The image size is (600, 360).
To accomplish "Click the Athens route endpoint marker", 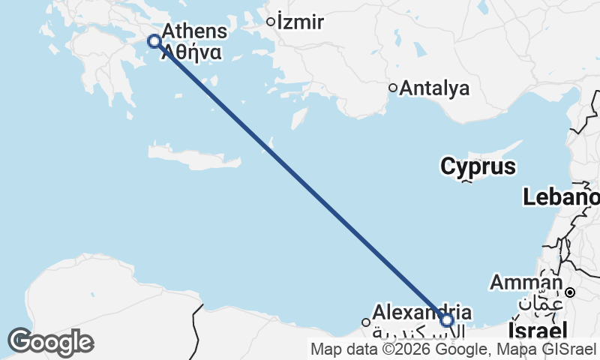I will pyautogui.click(x=154, y=41).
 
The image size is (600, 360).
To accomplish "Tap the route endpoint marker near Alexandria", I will pyautogui.click(x=447, y=320).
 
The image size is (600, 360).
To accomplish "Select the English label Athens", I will pyautogui.click(x=193, y=31).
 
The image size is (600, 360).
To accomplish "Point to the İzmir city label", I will pyautogui.click(x=300, y=22).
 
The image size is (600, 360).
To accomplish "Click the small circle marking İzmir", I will pyautogui.click(x=271, y=22).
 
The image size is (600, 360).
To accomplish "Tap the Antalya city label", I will pyautogui.click(x=435, y=88).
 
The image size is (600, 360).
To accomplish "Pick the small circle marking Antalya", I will pyautogui.click(x=392, y=88).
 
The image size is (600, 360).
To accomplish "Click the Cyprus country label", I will pyautogui.click(x=478, y=166).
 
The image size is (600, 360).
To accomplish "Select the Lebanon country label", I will pyautogui.click(x=561, y=197).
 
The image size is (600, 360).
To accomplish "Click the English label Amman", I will pyautogui.click(x=525, y=283).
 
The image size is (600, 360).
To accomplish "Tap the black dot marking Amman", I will pyautogui.click(x=570, y=292).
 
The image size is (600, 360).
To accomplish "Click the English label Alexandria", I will pyautogui.click(x=422, y=311).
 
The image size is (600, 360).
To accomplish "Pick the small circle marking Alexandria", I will pyautogui.click(x=366, y=322).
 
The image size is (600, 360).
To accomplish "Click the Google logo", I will pyautogui.click(x=50, y=342).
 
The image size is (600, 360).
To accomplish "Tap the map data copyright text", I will pyautogui.click(x=454, y=349).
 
